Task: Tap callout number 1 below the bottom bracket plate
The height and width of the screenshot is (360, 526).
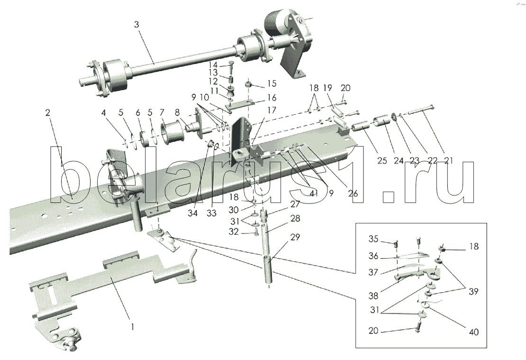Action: (133, 326)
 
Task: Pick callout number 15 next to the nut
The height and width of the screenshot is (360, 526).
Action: (272, 84)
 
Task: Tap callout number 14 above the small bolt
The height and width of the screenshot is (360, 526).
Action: (214, 65)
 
